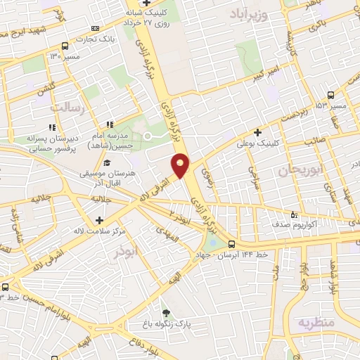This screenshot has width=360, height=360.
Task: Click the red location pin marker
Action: pos(181,165)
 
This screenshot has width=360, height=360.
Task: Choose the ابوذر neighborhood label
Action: pos(123,250)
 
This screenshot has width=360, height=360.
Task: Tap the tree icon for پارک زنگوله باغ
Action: pos(166,313)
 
